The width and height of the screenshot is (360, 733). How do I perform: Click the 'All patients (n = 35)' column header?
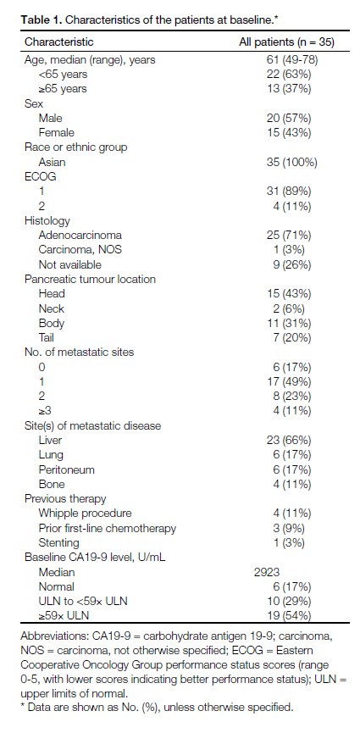tap(286, 42)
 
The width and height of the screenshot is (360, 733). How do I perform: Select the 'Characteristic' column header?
tap(59, 42)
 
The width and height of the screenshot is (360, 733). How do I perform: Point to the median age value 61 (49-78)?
tap(292, 59)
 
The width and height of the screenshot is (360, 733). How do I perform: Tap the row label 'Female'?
tap(57, 133)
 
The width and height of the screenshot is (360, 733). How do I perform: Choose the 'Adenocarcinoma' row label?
tap(80, 235)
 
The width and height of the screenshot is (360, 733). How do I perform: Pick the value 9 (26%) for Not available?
tap(292, 264)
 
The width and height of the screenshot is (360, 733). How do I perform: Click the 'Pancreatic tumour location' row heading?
tap(91, 279)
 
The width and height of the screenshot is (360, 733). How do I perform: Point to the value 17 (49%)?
tap(289, 381)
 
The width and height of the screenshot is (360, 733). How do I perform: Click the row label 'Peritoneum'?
tap(66, 469)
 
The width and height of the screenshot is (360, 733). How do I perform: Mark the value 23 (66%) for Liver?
tap(289, 440)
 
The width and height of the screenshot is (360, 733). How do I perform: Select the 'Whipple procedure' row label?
tap(85, 514)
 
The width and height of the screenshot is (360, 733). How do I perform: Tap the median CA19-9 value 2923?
tap(267, 572)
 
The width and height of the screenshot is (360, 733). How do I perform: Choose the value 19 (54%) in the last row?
tap(289, 616)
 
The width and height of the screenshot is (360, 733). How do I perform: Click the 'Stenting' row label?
tap(59, 542)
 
